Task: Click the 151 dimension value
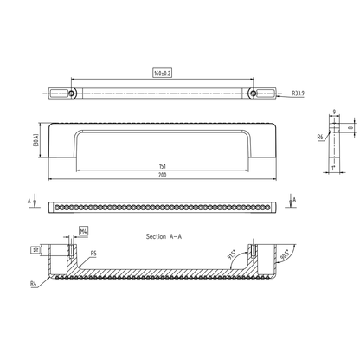162,165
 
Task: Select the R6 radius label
320,137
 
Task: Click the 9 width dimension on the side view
334,110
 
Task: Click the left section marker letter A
32,200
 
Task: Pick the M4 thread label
84,232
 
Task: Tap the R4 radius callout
32,282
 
